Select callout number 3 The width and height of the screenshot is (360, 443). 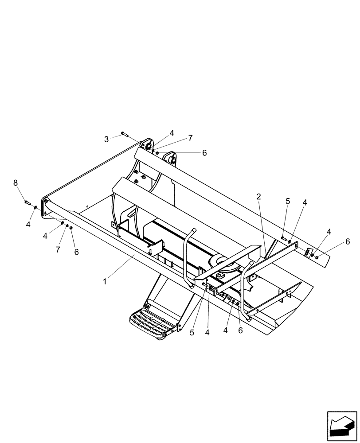click(x=106, y=140)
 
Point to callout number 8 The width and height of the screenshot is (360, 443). click(x=16, y=183)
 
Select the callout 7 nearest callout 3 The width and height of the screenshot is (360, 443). click(x=190, y=138)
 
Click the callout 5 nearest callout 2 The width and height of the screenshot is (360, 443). click(x=287, y=201)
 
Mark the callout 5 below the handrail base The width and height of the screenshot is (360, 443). click(x=192, y=333)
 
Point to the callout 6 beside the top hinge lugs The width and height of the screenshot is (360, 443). click(x=204, y=153)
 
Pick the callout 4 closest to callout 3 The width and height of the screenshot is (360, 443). click(x=172, y=132)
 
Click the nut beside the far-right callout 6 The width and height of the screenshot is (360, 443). click(x=317, y=257)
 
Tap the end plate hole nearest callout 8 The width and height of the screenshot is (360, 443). click(x=46, y=202)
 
